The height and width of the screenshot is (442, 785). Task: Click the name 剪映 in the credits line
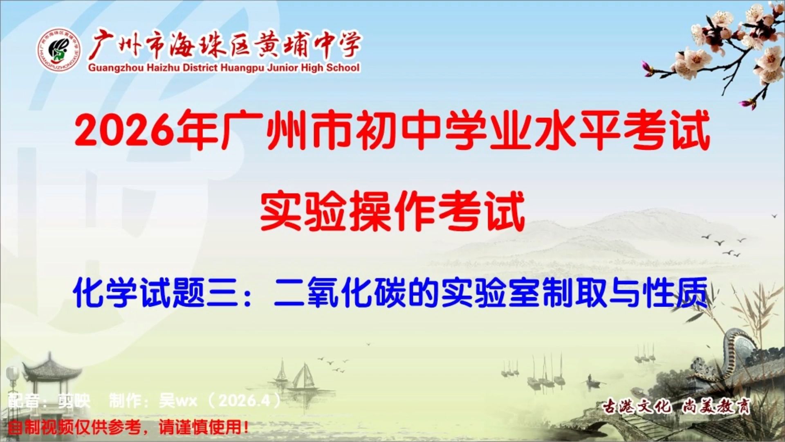click(x=74, y=401)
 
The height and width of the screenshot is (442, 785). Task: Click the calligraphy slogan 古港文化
click(x=636, y=406)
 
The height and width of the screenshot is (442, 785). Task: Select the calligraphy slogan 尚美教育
click(x=716, y=406)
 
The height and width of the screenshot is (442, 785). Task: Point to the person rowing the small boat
click(x=590, y=378)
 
